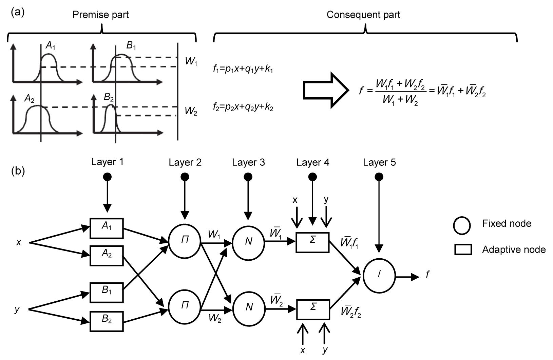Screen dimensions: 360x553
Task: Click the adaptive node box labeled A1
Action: point(107,228)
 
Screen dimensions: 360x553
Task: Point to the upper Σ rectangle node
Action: point(312,242)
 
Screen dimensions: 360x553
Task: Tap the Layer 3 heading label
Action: point(248,163)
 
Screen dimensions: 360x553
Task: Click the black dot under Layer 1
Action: point(107,177)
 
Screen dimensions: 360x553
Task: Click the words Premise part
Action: point(101,15)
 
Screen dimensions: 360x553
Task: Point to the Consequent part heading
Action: point(363,15)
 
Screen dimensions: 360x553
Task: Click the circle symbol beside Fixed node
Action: point(462,225)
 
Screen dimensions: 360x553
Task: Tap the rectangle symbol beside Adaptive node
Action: point(463,250)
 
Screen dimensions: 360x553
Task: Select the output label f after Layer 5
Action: point(427,275)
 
